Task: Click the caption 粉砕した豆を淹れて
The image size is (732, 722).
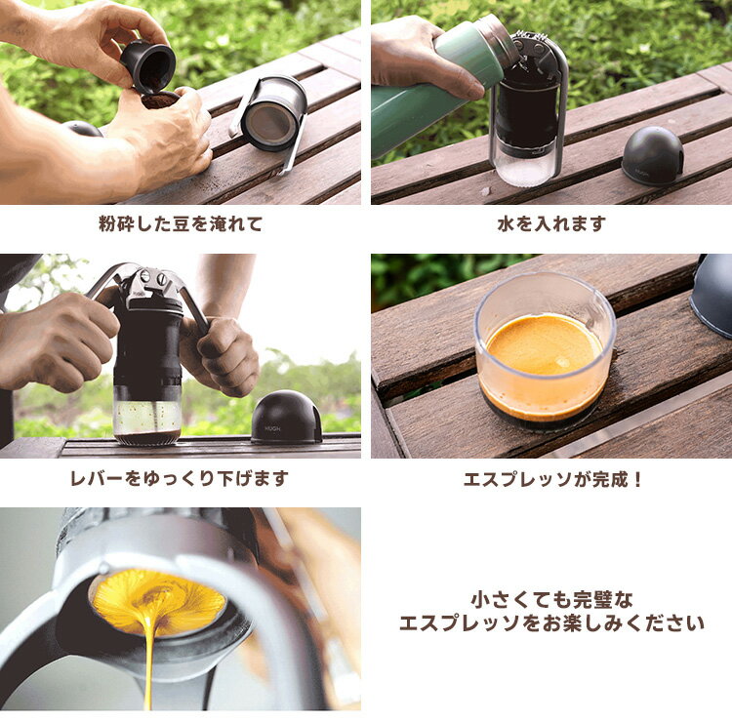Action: [181, 224]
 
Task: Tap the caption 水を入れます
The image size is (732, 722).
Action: [551, 224]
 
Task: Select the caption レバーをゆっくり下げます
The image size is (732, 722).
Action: [180, 478]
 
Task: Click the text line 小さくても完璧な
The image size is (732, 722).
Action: [551, 600]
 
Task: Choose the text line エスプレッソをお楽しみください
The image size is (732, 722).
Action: [551, 623]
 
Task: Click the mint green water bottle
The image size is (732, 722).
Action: [434, 89]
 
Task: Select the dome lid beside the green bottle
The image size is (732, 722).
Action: [653, 156]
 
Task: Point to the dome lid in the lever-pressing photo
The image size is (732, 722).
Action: [286, 417]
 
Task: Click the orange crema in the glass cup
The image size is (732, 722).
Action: [545, 344]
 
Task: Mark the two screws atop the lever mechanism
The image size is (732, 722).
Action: [152, 278]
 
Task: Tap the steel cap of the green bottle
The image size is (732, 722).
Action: [497, 37]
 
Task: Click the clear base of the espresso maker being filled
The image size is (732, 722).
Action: [526, 168]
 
